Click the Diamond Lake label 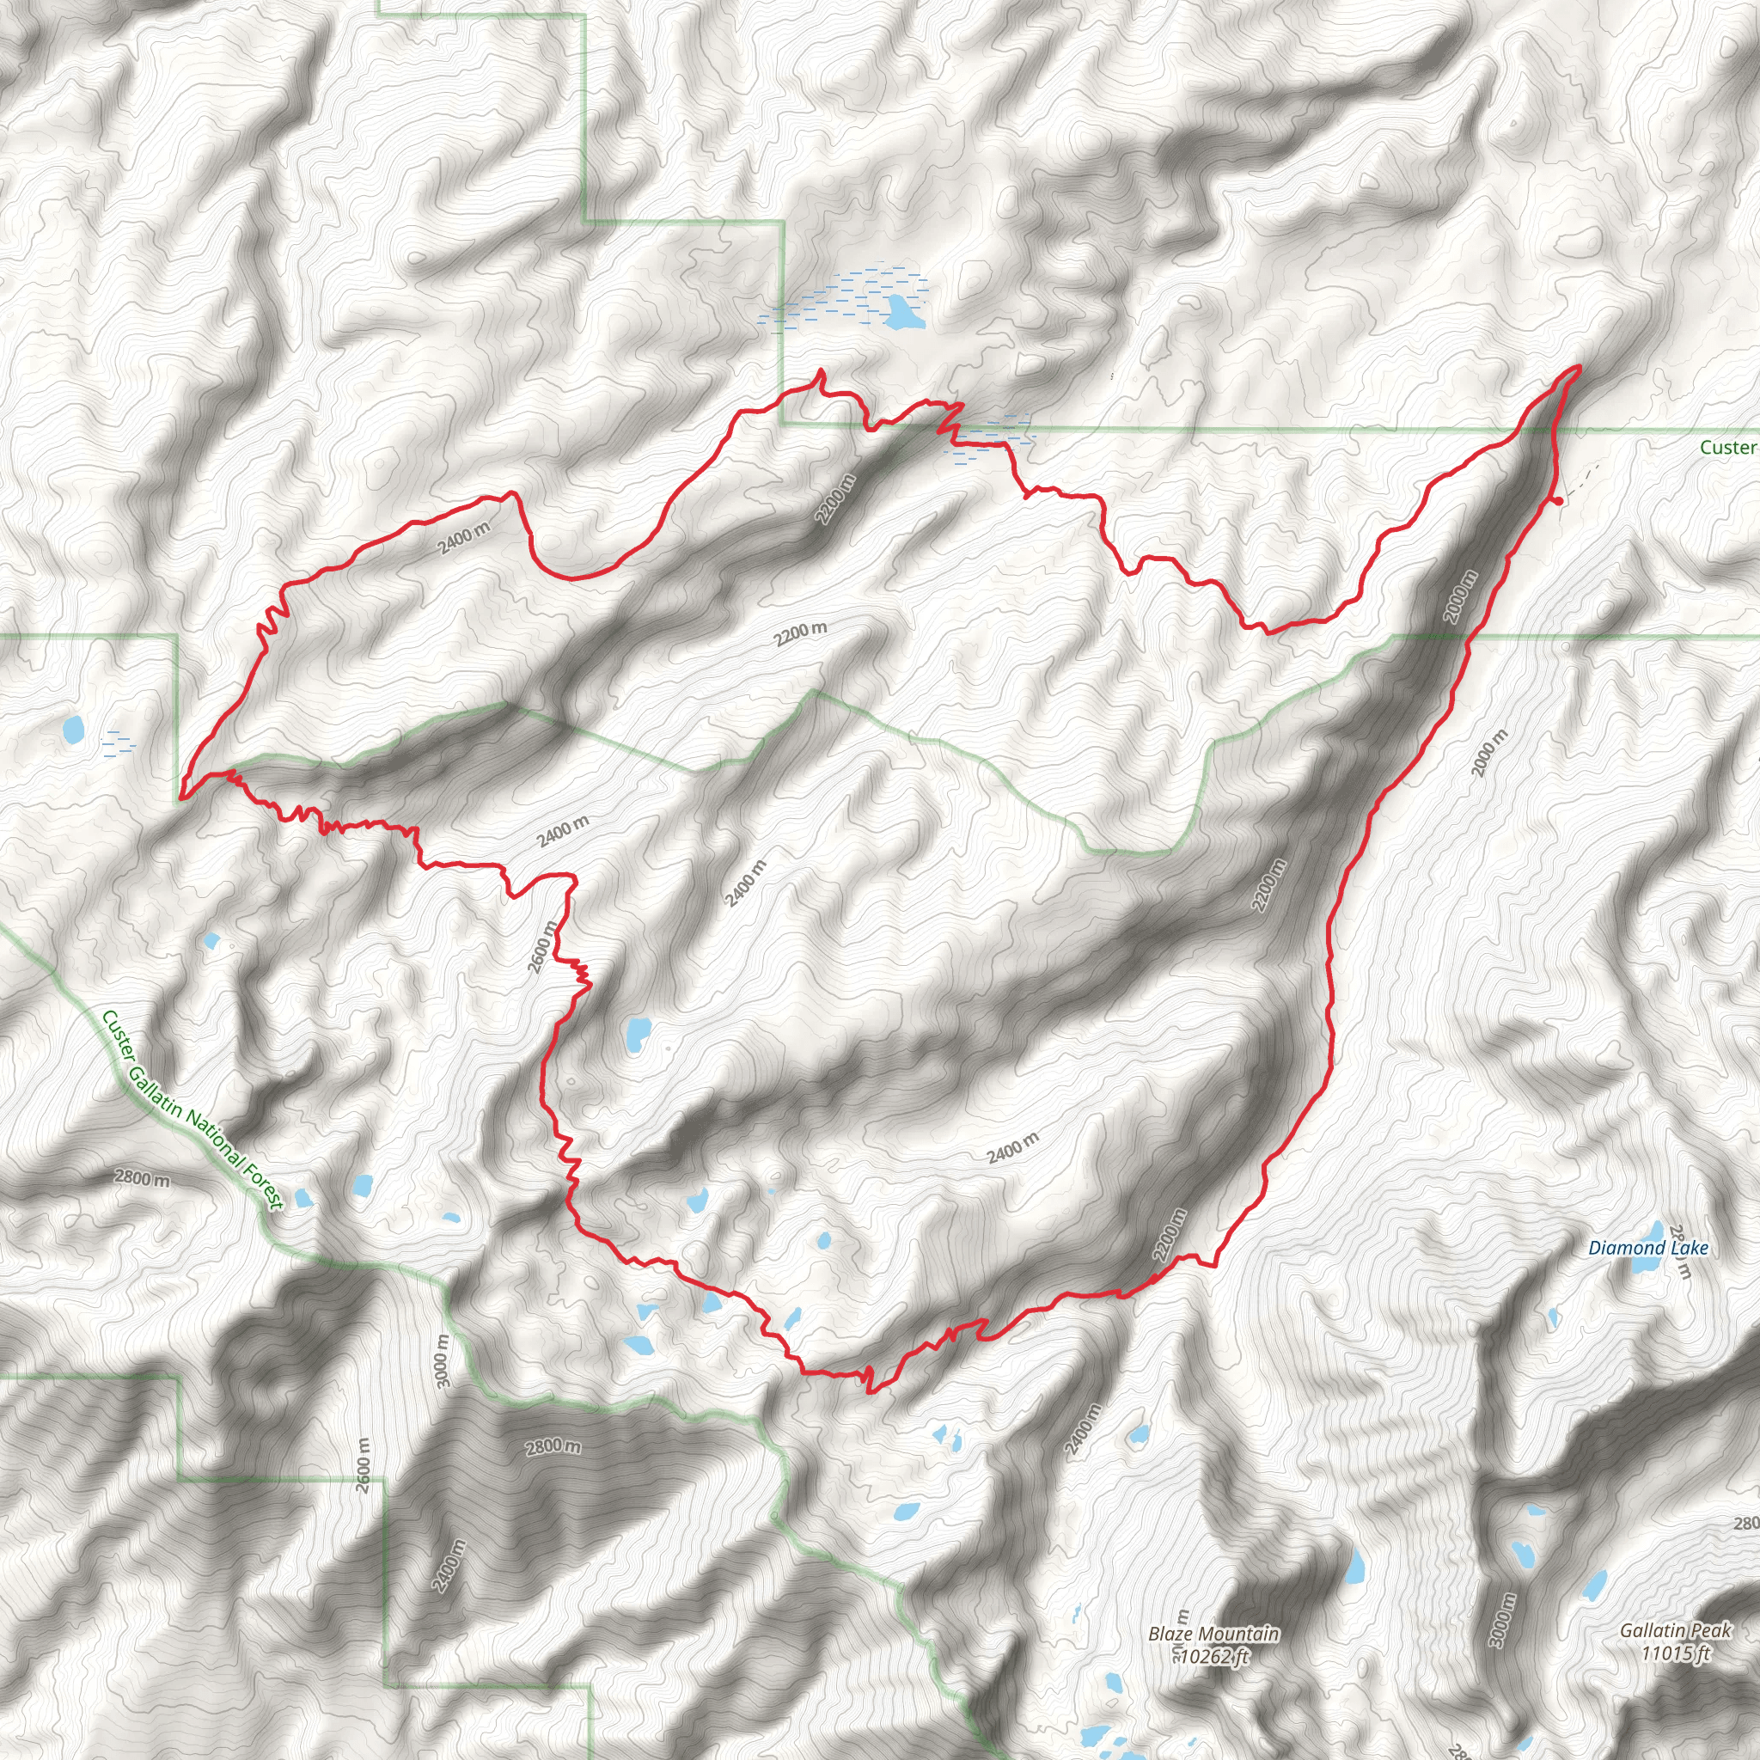click(1648, 1248)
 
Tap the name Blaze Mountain click(1213, 1635)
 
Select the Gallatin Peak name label click(1674, 1630)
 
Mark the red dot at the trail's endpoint click(1559, 500)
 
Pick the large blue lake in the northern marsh click(901, 314)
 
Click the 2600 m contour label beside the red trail click(543, 946)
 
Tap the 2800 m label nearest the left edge click(142, 1178)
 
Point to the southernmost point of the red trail click(869, 1391)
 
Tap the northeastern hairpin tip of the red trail click(1578, 366)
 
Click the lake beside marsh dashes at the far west click(72, 729)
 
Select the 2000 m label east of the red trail click(1490, 753)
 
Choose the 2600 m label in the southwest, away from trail click(364, 1464)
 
